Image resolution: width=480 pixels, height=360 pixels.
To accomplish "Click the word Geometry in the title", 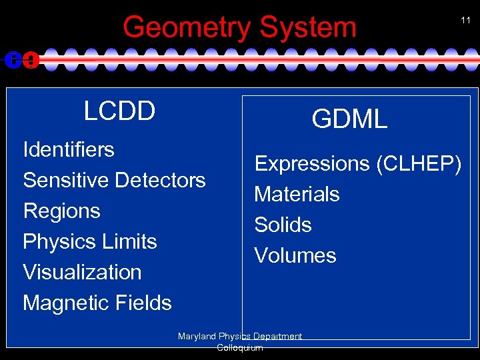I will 188,28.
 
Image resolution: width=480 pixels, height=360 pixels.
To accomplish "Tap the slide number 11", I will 465,21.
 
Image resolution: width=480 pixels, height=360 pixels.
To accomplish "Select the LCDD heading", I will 119,111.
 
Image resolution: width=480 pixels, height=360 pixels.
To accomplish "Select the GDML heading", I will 349,119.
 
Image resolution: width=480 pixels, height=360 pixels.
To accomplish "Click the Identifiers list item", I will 69,149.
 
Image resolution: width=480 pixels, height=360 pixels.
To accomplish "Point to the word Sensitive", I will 67,180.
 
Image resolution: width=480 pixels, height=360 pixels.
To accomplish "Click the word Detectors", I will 161,180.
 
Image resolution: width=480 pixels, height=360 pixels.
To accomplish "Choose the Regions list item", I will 61,211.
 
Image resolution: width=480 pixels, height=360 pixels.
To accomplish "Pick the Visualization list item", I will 82,272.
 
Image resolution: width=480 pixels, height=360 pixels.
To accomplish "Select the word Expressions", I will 311,164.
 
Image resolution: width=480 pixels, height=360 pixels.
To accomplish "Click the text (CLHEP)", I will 418,164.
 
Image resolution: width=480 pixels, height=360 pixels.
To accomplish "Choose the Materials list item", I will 297,195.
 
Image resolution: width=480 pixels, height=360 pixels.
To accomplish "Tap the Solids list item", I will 283,225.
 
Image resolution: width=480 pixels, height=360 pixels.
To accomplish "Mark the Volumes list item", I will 295,256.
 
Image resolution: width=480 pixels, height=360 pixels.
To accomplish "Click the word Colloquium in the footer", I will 240,347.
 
